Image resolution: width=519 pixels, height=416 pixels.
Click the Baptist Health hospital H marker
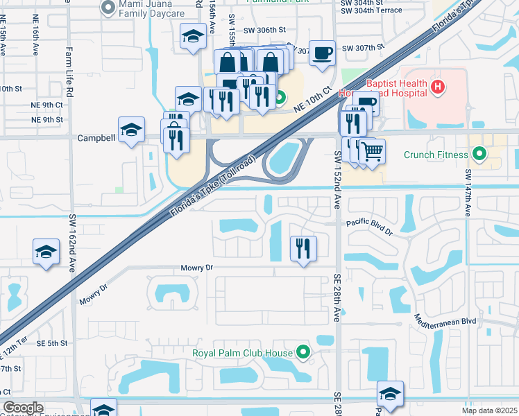[x=437, y=87]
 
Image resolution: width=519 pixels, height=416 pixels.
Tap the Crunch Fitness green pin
[x=479, y=154]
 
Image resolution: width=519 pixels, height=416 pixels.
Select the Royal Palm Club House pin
[x=303, y=353]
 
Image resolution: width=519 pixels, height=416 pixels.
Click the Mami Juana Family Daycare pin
[x=108, y=8]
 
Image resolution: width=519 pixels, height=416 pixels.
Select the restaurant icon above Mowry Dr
[x=303, y=248]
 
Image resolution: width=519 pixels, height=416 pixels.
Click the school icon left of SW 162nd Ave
[x=46, y=251]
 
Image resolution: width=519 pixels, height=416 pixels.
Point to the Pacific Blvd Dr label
[x=370, y=227]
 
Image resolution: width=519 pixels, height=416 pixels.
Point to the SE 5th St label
[x=51, y=343]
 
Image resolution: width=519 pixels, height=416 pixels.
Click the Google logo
[x=24, y=408]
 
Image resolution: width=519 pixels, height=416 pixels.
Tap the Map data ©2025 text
[x=488, y=410]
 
